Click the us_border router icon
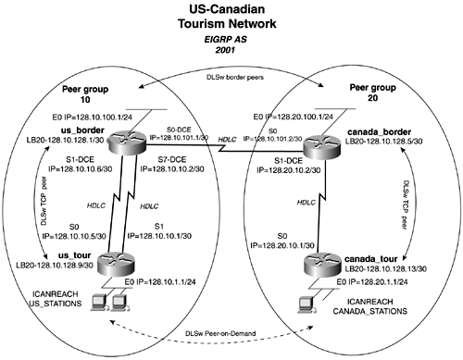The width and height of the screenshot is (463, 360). pos(127,143)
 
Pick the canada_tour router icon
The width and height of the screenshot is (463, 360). pos(322,266)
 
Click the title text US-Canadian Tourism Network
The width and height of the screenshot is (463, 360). pos(227,16)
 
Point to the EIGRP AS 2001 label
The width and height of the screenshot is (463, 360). pos(226,44)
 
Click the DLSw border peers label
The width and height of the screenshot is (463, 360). pos(235,77)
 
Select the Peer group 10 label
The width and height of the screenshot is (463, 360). pos(85,94)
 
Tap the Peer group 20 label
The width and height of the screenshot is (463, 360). pos(372,93)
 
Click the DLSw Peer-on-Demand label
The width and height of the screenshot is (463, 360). pos(220,333)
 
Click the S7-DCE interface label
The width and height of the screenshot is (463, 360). pos(172,159)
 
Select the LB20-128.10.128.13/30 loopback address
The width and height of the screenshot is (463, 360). pos(385,269)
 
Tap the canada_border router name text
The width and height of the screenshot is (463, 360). pos(379,132)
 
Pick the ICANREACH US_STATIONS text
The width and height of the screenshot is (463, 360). pos(56,299)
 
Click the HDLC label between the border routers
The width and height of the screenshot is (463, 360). pos(227,140)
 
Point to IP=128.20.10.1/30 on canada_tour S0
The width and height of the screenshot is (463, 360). pos(282,245)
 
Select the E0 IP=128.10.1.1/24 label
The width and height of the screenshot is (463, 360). pos(160,281)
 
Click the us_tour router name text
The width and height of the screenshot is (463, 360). pos(74,255)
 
